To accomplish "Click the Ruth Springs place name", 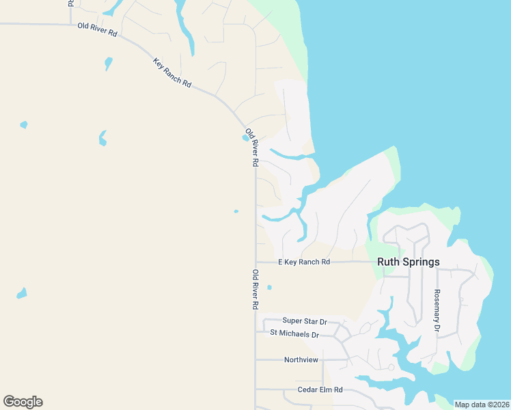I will (409, 262).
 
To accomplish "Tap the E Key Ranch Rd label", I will (304, 262).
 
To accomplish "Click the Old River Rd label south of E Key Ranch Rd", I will (255, 290).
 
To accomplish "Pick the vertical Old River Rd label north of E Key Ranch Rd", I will (251, 148).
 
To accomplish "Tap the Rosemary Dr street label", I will (437, 311).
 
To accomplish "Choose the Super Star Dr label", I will (305, 320).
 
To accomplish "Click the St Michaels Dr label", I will (294, 334).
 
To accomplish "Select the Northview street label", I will (301, 359).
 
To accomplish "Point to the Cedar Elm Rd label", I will (320, 389).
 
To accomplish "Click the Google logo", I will (23, 402).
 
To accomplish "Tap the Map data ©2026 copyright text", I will (482, 405).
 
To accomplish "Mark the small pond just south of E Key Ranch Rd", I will (269, 287).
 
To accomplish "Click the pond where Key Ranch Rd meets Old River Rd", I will (245, 137).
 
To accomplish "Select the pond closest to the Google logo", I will (22, 294).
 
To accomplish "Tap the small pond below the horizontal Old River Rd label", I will (108, 64).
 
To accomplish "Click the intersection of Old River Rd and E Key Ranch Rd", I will (255, 262).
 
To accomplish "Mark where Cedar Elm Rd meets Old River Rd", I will (255, 389).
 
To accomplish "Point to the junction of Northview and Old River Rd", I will (255, 359).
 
